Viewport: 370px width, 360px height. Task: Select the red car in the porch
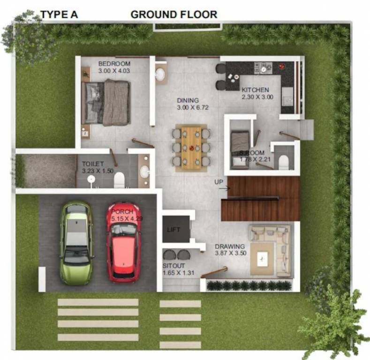(124, 242)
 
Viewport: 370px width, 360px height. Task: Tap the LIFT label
(174, 230)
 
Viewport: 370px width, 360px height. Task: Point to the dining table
(191, 147)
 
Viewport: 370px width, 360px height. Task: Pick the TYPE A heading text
(59, 14)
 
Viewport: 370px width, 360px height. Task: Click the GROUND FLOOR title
(174, 14)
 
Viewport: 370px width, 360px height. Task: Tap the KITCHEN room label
(255, 90)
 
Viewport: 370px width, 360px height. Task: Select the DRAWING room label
(230, 247)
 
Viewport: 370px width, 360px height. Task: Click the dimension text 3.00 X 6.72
(192, 107)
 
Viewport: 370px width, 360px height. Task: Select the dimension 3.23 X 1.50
(98, 171)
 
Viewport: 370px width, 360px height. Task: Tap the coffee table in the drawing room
(263, 256)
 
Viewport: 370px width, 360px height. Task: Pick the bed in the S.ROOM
(240, 142)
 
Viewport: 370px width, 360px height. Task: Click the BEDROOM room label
(114, 64)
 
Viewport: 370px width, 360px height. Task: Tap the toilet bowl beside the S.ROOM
(283, 162)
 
